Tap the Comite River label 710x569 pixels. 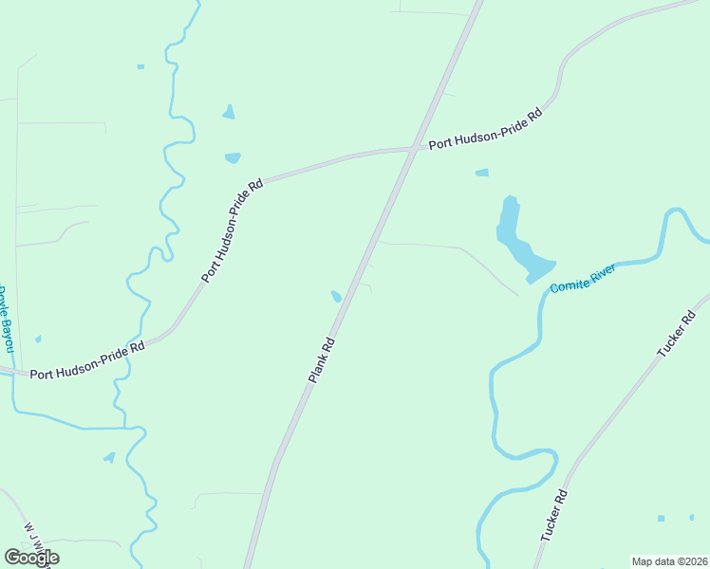(x=584, y=278)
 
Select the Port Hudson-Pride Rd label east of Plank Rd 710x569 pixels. (x=485, y=129)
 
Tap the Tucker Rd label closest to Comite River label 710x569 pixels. (x=677, y=332)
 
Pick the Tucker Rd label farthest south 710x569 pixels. (x=553, y=515)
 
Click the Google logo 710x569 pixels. (x=31, y=558)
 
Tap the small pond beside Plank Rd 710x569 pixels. (x=336, y=297)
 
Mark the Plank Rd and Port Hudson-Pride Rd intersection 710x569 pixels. (x=412, y=149)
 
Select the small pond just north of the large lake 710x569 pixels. (x=481, y=173)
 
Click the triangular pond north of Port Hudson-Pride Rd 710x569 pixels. (x=228, y=113)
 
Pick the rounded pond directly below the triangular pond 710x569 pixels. (x=233, y=158)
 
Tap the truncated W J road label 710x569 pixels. (x=36, y=541)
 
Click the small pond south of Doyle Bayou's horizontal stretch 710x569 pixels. (x=110, y=457)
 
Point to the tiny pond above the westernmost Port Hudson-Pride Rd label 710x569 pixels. (x=38, y=339)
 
